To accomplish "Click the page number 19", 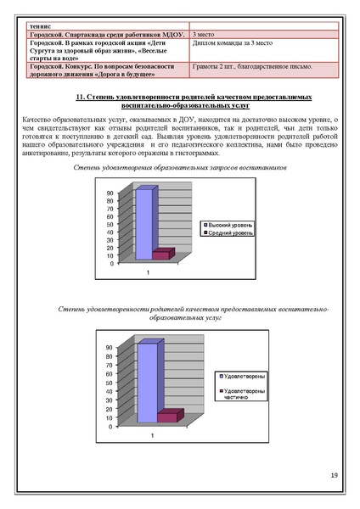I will tap(333, 473).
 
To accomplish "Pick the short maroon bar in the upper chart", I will tap(161, 255).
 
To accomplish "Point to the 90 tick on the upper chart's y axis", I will tap(110, 193).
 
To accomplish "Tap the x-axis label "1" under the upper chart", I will tap(150, 272).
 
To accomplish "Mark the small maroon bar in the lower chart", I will tap(166, 417).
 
